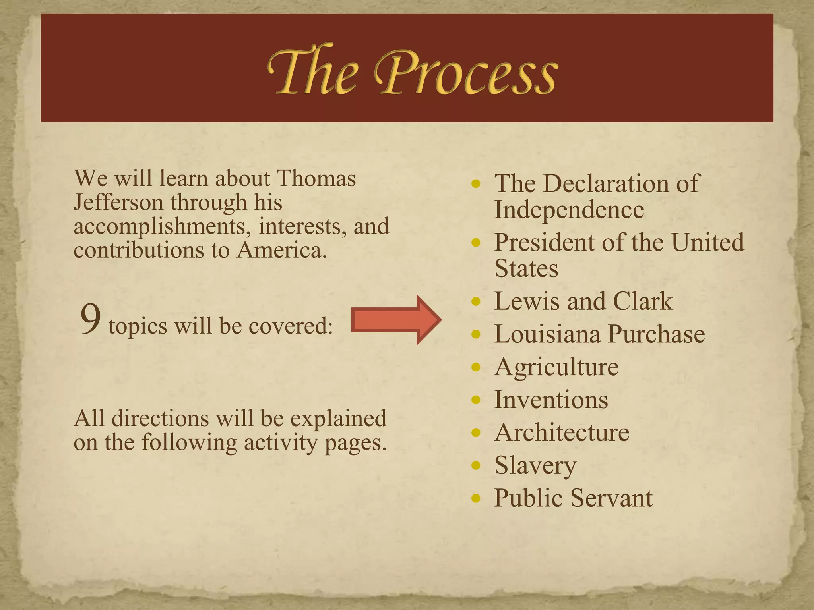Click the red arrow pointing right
click(396, 320)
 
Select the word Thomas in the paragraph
click(316, 178)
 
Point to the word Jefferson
click(118, 203)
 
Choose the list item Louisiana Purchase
click(599, 334)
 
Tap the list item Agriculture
click(556, 367)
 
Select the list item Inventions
click(551, 400)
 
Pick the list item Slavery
click(535, 465)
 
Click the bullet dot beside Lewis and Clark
click(476, 301)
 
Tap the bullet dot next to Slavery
click(476, 465)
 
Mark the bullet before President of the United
click(476, 242)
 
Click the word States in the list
click(526, 268)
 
